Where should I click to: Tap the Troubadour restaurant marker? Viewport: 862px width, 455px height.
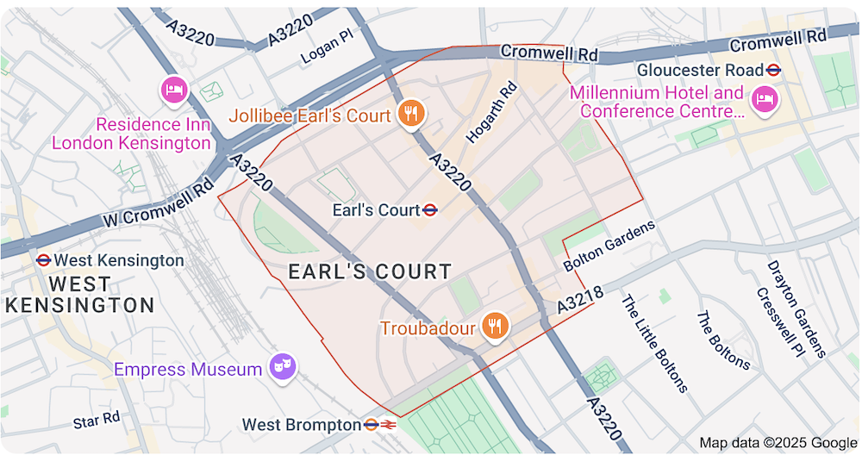tap(493, 327)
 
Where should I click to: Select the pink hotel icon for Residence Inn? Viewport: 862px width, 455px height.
tap(175, 90)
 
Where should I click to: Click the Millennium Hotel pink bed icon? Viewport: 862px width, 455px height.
tap(763, 99)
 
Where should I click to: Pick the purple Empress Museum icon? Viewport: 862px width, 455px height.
tap(282, 367)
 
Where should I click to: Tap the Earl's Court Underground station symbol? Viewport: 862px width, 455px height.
tap(430, 210)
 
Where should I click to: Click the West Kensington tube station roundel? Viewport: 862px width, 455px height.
tap(42, 260)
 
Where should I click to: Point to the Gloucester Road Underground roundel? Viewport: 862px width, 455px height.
tap(774, 70)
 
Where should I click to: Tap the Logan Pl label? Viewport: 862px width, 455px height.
tap(328, 53)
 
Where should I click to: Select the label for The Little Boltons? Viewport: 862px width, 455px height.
tap(654, 343)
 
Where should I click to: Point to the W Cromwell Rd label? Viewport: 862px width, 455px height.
tap(158, 203)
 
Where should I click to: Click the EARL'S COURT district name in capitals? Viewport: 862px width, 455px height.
tap(370, 272)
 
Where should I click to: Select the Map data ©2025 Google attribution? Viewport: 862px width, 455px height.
tap(778, 443)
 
